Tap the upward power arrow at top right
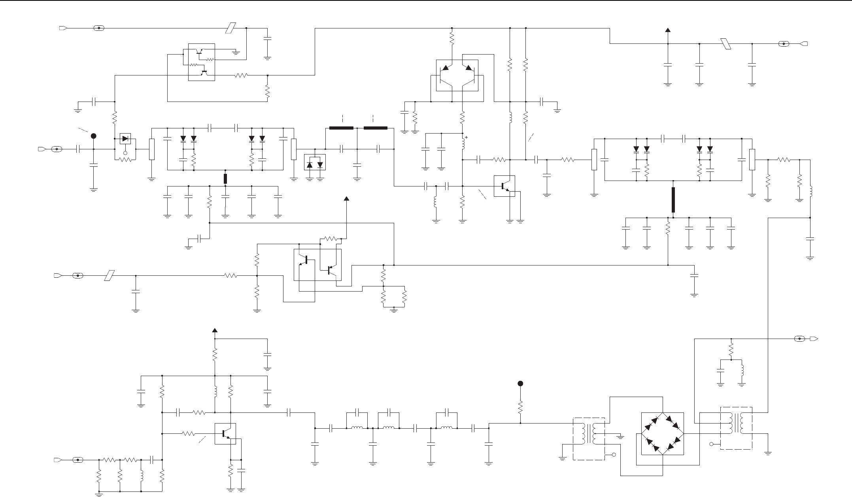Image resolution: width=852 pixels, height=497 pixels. (x=668, y=30)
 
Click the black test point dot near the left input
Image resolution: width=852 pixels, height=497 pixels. (x=94, y=136)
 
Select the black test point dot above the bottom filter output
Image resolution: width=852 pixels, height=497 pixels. (x=520, y=383)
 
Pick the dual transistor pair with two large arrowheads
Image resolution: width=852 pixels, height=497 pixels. (x=457, y=75)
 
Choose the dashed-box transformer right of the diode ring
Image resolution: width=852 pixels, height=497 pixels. (x=736, y=428)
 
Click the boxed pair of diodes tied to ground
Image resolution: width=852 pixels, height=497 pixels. (x=315, y=162)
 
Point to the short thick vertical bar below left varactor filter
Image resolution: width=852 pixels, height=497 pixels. (x=225, y=179)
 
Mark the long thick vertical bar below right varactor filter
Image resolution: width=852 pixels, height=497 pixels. (x=673, y=200)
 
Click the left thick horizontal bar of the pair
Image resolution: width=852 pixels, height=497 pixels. (x=341, y=128)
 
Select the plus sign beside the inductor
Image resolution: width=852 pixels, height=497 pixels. (x=467, y=137)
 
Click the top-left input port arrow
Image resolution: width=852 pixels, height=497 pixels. (x=63, y=28)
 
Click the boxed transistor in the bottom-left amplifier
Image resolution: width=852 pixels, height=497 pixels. (x=225, y=433)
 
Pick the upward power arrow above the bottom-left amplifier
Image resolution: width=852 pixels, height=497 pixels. (x=215, y=331)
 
